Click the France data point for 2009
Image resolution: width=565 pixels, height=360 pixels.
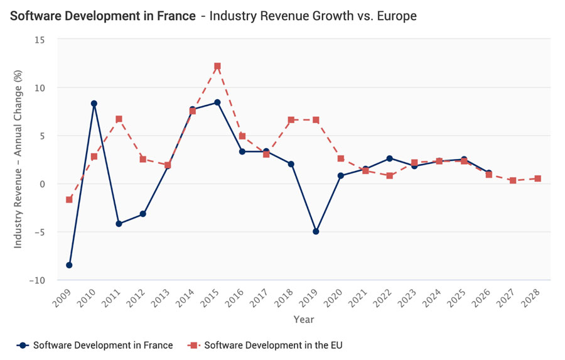69,265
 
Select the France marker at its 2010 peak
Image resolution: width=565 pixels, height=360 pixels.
94,104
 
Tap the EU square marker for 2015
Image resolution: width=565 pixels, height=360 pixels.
217,66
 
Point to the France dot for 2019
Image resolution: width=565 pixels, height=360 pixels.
316,232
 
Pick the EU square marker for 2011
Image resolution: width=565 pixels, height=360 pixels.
119,119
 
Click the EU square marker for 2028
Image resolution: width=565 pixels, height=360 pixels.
538,178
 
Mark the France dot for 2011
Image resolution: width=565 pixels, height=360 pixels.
119,224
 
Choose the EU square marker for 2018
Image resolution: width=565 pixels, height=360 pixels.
291,119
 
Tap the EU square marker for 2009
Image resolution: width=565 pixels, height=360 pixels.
69,200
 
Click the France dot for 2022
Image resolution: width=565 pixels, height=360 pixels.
390,158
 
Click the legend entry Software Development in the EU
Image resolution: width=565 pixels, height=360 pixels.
266,345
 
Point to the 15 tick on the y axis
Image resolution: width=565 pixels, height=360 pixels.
40,40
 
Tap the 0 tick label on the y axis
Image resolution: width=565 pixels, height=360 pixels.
42,184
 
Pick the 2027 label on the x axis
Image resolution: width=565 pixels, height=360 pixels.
510,295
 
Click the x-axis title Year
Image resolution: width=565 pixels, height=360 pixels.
303,319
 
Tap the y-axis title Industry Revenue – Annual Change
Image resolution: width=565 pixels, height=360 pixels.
18,160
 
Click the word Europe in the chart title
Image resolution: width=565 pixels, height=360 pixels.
395,16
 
